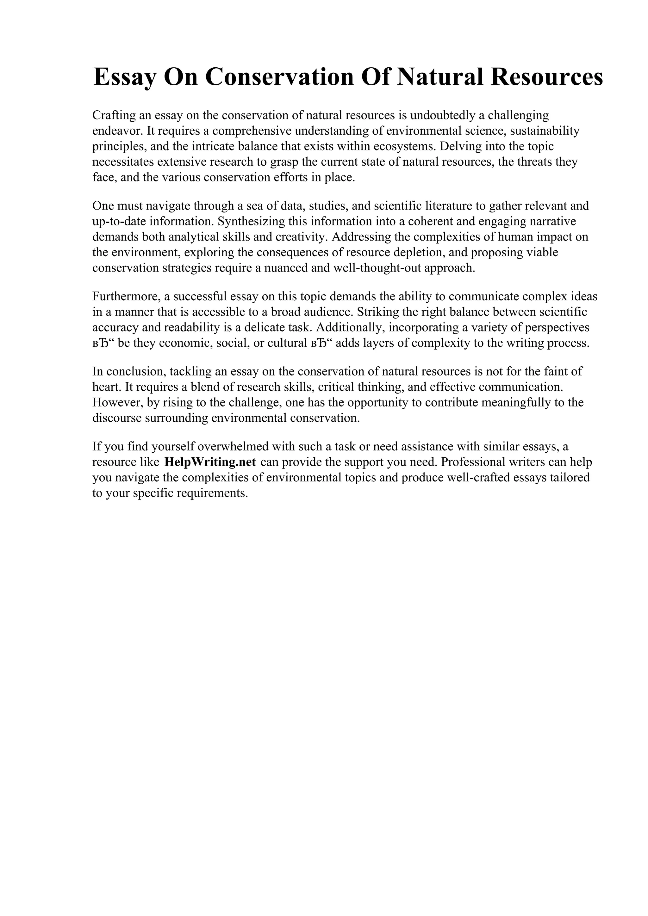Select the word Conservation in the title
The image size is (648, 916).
[x=279, y=77]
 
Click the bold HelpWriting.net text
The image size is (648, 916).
[x=210, y=462]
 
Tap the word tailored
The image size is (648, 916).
[x=570, y=478]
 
